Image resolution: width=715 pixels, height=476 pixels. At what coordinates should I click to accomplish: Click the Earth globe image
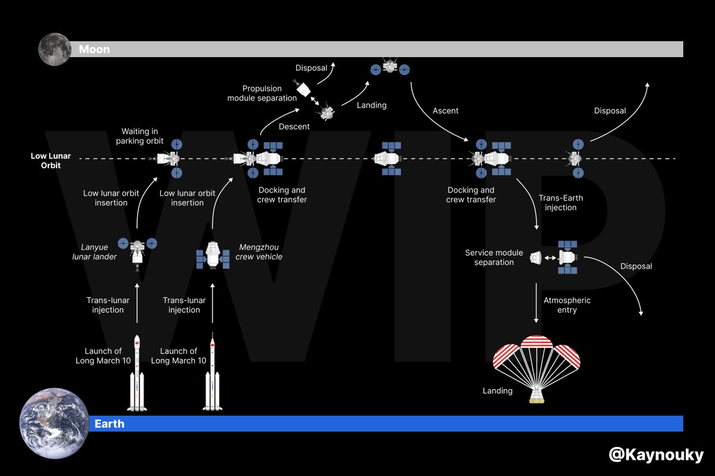click(x=54, y=423)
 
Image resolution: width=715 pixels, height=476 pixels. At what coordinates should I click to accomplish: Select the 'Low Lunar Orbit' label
click(x=51, y=161)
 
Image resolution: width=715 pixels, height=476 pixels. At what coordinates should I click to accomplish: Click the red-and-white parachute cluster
click(x=536, y=356)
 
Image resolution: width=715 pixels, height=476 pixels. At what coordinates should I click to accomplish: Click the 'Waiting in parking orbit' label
click(x=142, y=136)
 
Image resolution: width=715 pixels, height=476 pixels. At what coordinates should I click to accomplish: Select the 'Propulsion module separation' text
click(x=262, y=93)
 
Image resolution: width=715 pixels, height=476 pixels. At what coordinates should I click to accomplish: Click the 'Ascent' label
click(x=445, y=111)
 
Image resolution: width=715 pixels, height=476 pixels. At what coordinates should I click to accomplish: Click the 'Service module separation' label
click(x=494, y=258)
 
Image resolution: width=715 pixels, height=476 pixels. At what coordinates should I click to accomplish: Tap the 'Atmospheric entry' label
click(x=567, y=305)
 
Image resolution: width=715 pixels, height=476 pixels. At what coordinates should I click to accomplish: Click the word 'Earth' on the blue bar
click(x=110, y=424)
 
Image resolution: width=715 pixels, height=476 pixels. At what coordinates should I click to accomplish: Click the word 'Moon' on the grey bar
click(x=94, y=49)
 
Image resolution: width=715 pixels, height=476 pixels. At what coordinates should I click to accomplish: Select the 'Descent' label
click(x=294, y=126)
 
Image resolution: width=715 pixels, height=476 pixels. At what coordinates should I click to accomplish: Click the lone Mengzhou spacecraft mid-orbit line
click(x=388, y=159)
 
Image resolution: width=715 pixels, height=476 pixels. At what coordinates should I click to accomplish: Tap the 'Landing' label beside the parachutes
click(x=498, y=391)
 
